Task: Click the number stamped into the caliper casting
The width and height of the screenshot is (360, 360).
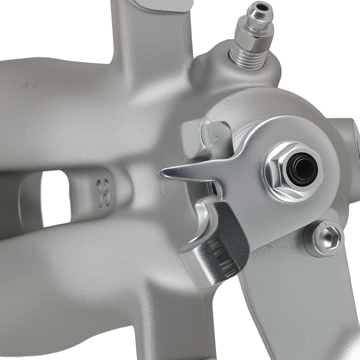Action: click(x=103, y=193)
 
